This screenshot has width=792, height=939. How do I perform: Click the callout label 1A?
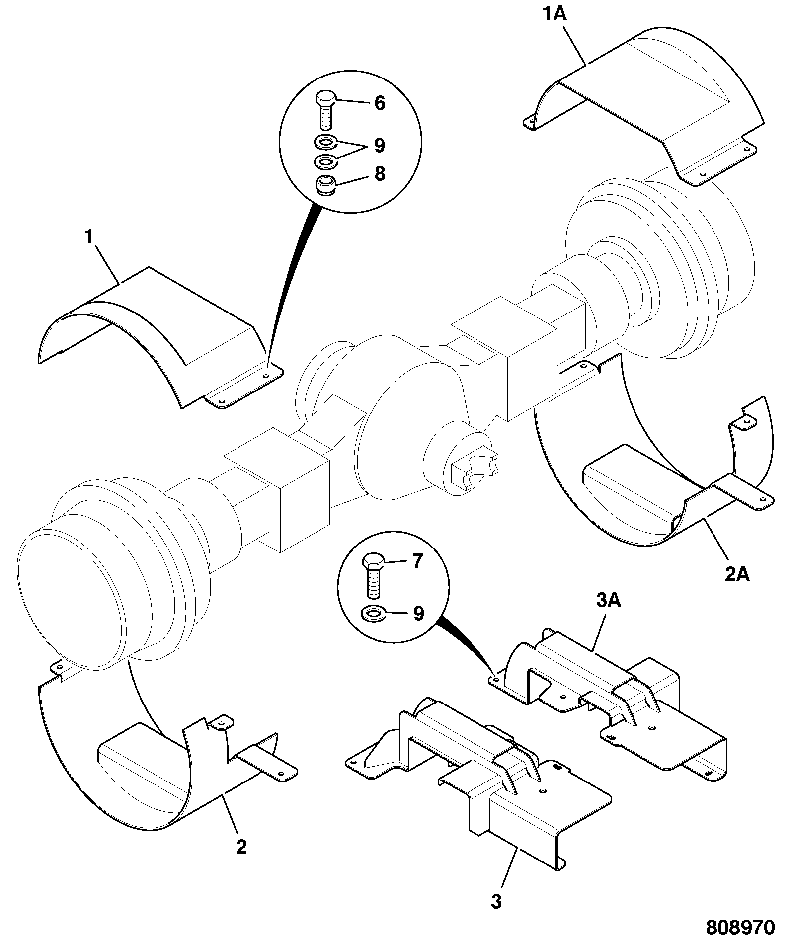click(554, 14)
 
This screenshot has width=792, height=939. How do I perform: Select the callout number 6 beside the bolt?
click(380, 103)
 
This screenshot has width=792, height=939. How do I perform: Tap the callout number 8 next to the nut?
click(380, 174)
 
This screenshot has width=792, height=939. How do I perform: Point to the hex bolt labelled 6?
click(325, 110)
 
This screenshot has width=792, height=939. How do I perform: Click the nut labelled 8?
click(325, 186)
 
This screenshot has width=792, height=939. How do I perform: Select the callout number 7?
click(417, 561)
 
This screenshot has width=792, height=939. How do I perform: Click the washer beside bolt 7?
click(373, 614)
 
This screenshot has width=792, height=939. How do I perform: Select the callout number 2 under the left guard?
click(241, 847)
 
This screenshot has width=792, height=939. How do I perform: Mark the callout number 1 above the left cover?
click(89, 237)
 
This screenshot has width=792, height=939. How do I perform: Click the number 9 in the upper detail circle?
click(380, 145)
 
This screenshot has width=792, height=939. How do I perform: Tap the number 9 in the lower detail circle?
click(418, 613)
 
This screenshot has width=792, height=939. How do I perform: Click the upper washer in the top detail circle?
click(325, 142)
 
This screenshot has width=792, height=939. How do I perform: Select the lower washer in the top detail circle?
click(325, 161)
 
